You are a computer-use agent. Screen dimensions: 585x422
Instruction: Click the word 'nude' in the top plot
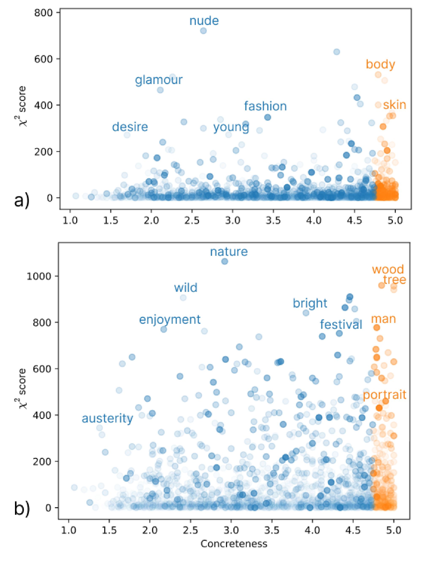click(x=204, y=21)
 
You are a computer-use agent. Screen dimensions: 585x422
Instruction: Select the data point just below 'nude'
click(x=203, y=31)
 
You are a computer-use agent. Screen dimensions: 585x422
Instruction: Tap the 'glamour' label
click(x=159, y=80)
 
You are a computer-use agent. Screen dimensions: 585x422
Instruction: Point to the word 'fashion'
click(x=265, y=106)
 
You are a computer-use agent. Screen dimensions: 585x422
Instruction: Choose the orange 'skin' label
click(x=394, y=105)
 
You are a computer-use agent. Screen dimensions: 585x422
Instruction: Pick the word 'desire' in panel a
click(x=130, y=127)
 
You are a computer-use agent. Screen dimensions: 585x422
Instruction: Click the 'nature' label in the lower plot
click(x=229, y=252)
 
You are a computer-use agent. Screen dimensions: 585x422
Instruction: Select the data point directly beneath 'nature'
click(x=225, y=261)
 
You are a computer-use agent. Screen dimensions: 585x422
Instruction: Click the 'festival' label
click(x=341, y=325)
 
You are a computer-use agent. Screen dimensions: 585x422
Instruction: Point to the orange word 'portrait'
click(x=385, y=395)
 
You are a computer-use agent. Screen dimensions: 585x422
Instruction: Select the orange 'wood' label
click(x=388, y=269)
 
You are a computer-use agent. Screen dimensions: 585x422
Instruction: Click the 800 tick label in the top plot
click(x=43, y=13)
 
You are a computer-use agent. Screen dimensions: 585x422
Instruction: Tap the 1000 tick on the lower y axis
click(x=39, y=276)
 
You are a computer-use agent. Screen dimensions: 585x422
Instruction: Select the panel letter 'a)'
click(x=22, y=200)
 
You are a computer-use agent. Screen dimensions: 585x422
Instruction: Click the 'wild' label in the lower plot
click(x=186, y=288)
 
